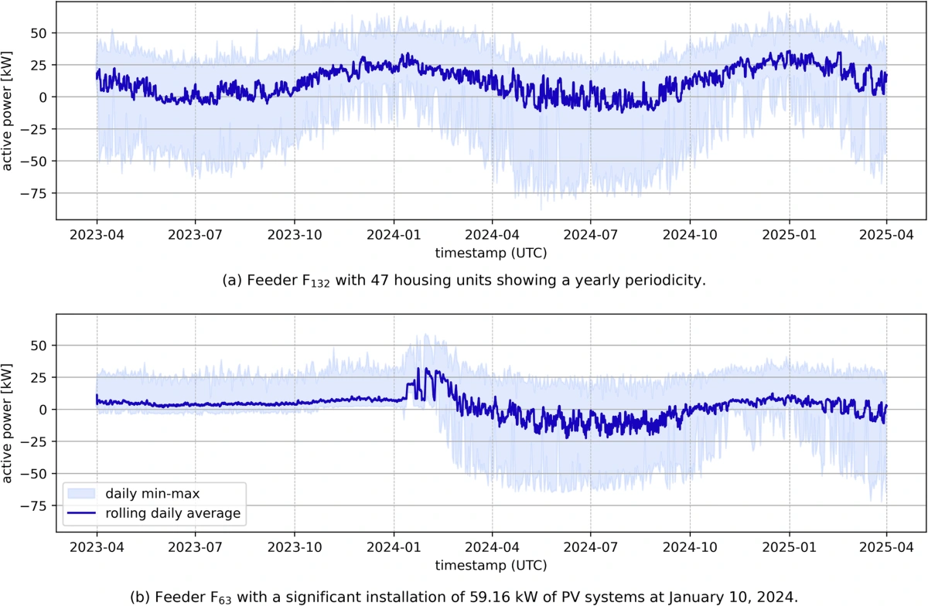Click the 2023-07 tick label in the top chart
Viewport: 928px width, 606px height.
pyautogui.click(x=195, y=235)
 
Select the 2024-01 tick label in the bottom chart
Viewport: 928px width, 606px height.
pyautogui.click(x=394, y=547)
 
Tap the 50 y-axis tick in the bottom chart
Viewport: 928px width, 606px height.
pyautogui.click(x=39, y=345)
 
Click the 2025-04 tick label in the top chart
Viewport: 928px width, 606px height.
pyautogui.click(x=886, y=235)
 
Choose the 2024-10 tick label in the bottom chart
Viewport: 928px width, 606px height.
pyautogui.click(x=690, y=547)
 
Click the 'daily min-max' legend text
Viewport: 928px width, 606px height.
pyautogui.click(x=152, y=493)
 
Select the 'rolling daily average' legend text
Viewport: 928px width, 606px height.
pyautogui.click(x=172, y=513)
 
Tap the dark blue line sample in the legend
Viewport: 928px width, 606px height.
pyautogui.click(x=82, y=512)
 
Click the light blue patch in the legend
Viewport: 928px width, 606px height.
pyautogui.click(x=82, y=493)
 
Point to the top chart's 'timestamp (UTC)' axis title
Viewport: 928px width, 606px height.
pyautogui.click(x=491, y=253)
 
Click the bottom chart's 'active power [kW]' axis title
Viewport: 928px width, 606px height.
pyautogui.click(x=7, y=424)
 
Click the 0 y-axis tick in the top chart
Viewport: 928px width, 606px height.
pyautogui.click(x=43, y=97)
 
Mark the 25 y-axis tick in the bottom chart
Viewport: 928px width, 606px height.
pyautogui.click(x=39, y=377)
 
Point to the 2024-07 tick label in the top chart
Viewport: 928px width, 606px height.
pyautogui.click(x=590, y=235)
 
